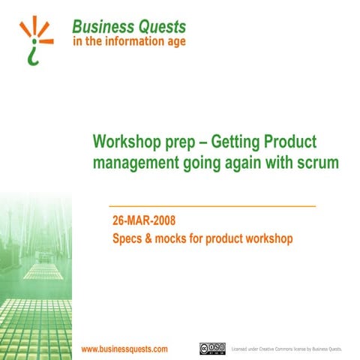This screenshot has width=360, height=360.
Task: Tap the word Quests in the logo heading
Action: (x=160, y=26)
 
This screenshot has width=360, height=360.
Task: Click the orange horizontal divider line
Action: (x=212, y=205)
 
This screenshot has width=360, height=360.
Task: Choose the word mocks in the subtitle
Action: (x=176, y=240)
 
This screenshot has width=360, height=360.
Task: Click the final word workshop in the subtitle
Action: (x=265, y=240)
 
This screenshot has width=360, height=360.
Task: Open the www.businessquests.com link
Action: (x=124, y=349)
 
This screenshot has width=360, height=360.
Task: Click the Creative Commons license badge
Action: (x=212, y=349)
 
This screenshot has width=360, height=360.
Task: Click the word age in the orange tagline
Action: (x=174, y=43)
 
